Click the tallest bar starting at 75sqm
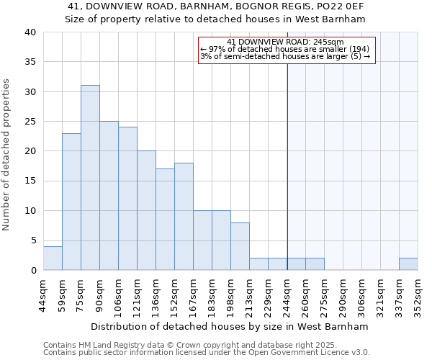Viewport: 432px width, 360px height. [x=90, y=178]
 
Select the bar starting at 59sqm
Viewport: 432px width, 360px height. [x=71, y=202]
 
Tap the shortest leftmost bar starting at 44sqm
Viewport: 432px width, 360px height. [x=53, y=258]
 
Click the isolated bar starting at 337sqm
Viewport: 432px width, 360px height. [x=408, y=264]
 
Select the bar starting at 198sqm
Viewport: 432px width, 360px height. [x=240, y=246]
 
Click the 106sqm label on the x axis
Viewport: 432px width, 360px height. [x=119, y=294]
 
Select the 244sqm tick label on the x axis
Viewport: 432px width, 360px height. [x=287, y=294]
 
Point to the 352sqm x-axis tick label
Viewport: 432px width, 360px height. [x=418, y=294]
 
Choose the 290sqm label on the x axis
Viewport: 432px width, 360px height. [x=343, y=294]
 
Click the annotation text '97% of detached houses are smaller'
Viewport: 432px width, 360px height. [x=285, y=49]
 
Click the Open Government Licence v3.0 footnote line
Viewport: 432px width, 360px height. [x=207, y=353]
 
